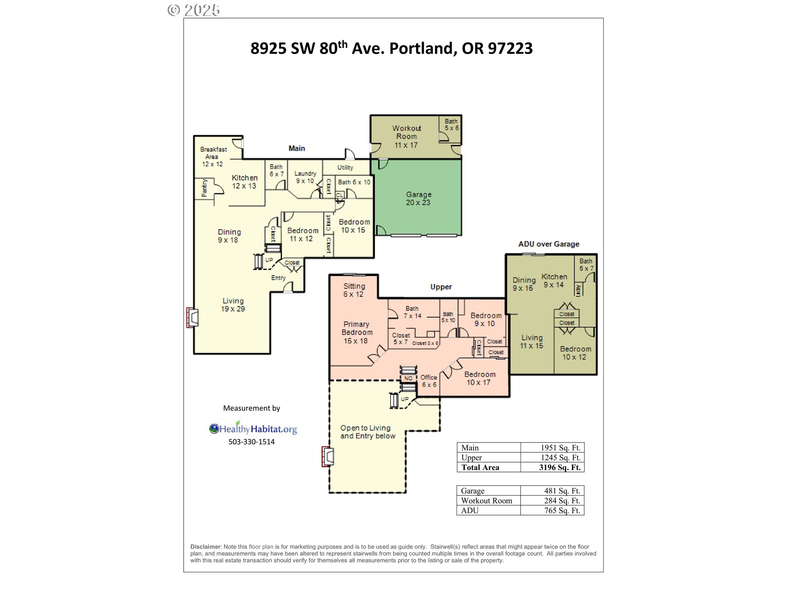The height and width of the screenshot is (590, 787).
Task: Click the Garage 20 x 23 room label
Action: tap(419, 198)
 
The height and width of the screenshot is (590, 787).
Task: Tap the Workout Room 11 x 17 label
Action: tap(406, 136)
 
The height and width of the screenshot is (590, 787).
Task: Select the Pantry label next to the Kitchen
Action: tap(205, 188)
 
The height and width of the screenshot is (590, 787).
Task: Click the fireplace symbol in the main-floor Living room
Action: tap(193, 318)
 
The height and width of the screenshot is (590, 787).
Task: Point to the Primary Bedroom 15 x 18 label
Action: tap(357, 332)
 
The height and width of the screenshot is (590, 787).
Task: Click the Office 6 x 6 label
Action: tap(429, 381)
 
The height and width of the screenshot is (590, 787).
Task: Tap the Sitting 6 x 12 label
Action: tap(354, 290)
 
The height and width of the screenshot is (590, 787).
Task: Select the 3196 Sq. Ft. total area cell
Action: tap(560, 467)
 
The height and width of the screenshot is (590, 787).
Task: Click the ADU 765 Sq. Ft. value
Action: tap(562, 511)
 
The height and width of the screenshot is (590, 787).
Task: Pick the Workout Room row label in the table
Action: tap(487, 501)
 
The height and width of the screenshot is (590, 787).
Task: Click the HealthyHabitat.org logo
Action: tap(253, 429)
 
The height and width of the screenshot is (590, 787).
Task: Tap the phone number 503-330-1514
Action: tap(251, 442)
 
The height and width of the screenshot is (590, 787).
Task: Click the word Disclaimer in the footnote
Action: tap(205, 547)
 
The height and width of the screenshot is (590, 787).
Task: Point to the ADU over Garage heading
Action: tap(548, 244)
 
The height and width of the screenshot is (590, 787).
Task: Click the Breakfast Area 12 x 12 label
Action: tap(213, 157)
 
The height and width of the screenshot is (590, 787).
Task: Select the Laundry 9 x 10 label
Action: tap(305, 177)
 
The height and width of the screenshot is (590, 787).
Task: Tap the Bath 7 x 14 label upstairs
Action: tap(412, 312)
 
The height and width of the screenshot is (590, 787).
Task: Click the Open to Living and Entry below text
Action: tap(367, 432)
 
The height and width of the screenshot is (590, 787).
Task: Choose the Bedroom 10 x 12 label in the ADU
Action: tap(575, 353)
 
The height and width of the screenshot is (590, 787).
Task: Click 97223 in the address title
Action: tap(510, 48)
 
